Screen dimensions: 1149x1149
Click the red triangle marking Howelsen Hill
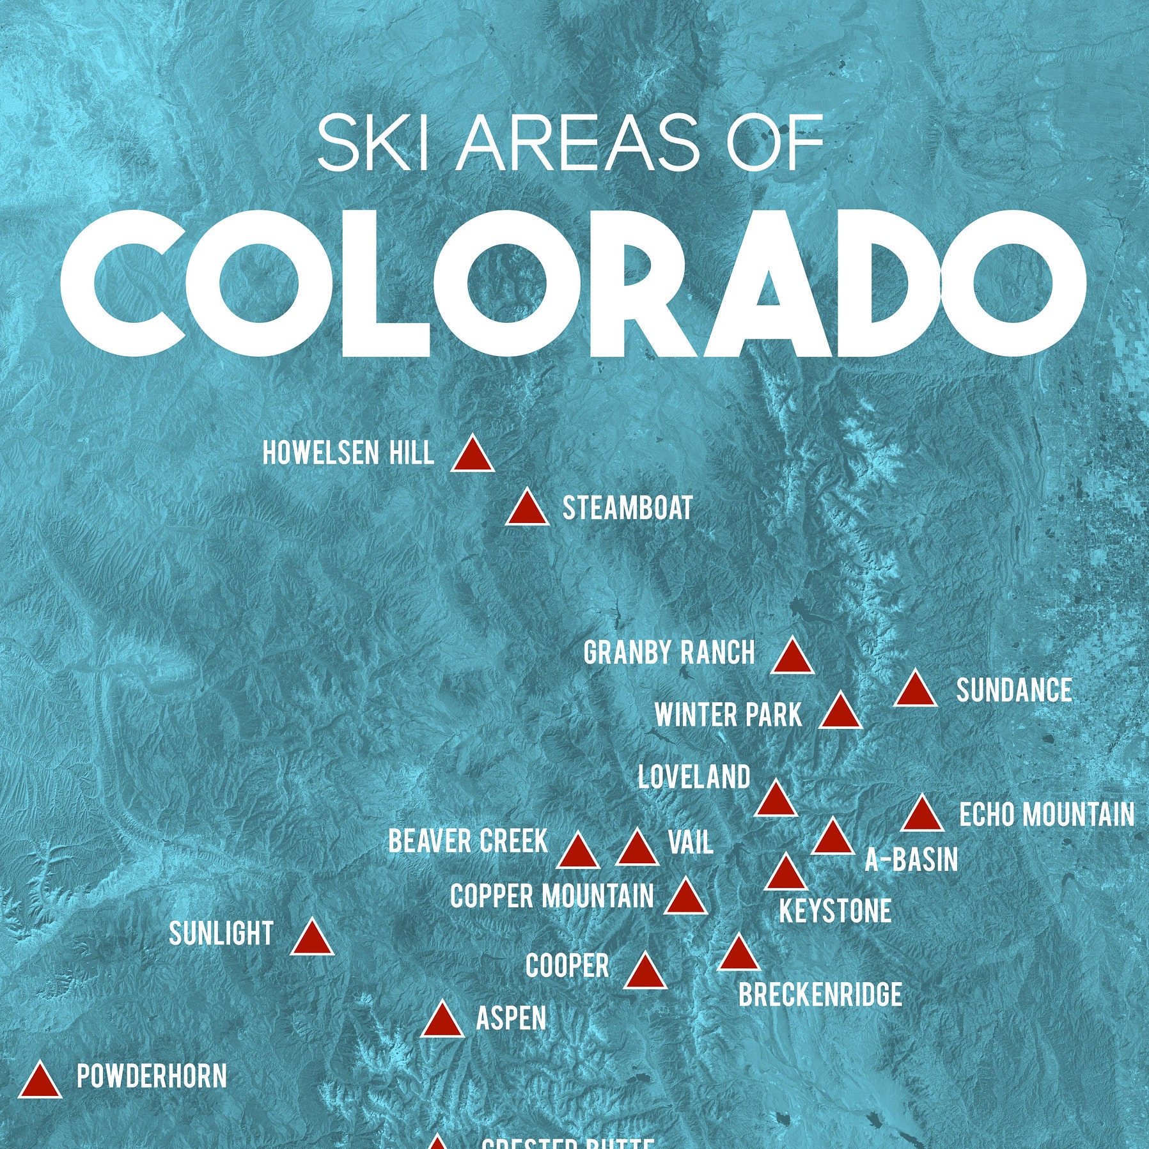pyautogui.click(x=473, y=456)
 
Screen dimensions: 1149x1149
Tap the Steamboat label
pyautogui.click(x=627, y=509)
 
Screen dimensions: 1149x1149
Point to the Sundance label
pyautogui.click(x=1014, y=691)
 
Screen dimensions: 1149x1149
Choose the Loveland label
pyautogui.click(x=694, y=778)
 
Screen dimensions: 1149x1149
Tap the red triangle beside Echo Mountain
pyautogui.click(x=922, y=816)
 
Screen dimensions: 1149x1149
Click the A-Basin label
pyautogui.click(x=911, y=860)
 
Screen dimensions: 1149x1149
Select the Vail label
pyautogui.click(x=691, y=843)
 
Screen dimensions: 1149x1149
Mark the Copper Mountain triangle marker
pyautogui.click(x=685, y=898)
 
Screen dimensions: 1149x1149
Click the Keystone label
pyautogui.click(x=835, y=911)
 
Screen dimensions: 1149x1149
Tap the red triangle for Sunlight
pyautogui.click(x=312, y=939)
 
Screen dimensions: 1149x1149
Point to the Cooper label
pyautogui.click(x=567, y=965)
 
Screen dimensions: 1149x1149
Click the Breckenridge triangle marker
pyautogui.click(x=739, y=955)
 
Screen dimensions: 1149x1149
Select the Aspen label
pyautogui.click(x=512, y=1019)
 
